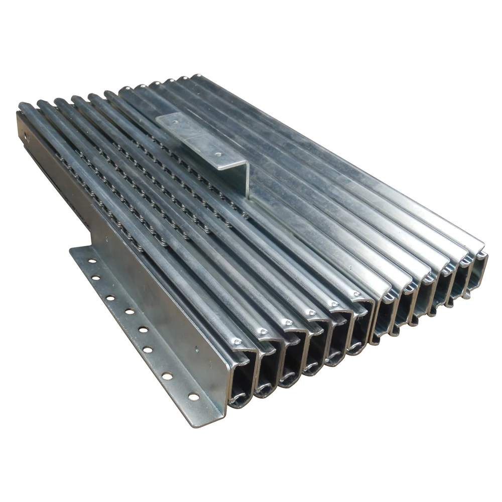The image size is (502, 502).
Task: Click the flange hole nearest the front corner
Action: point(193,397)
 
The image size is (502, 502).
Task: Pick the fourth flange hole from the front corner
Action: point(143,330)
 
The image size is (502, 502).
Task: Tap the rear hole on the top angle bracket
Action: point(174,120)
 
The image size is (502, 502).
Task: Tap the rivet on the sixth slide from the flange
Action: point(356,294)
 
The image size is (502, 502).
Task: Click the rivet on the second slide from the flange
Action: point(262,332)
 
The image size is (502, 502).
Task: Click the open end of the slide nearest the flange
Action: point(240,382)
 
